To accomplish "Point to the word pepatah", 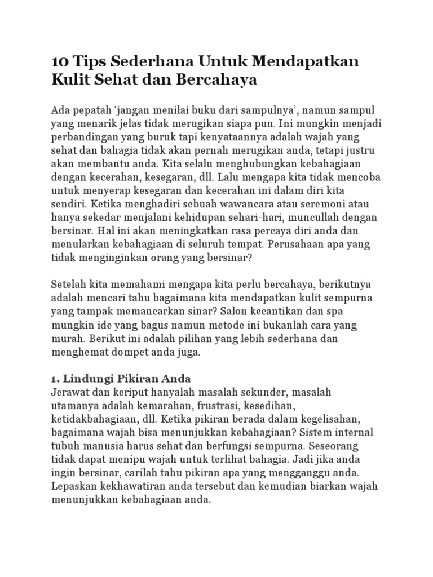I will pyautogui.click(x=92, y=109).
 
